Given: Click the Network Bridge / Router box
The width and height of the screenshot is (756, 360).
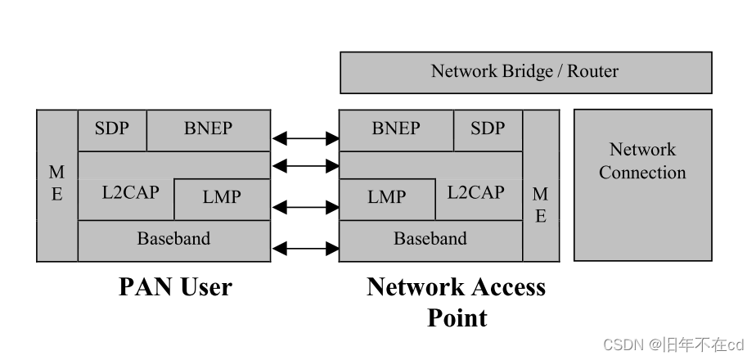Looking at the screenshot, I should tap(525, 72).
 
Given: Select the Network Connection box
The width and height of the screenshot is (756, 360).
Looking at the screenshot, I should tap(642, 185).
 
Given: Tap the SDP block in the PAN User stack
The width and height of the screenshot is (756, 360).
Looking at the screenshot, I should tap(111, 129).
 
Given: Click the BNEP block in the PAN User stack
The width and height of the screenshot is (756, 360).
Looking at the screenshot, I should tap(208, 129).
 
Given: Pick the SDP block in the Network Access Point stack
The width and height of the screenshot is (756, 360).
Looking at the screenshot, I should tap(488, 129).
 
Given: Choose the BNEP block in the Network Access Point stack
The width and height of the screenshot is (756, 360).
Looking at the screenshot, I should tap(396, 129).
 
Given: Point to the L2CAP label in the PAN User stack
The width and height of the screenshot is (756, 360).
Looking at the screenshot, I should tap(131, 193).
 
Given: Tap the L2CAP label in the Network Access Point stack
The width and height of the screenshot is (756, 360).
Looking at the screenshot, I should tap(475, 193).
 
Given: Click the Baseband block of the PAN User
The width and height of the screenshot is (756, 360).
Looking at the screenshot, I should tap(173, 240).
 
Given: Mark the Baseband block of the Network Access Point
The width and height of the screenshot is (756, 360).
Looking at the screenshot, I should tap(430, 240).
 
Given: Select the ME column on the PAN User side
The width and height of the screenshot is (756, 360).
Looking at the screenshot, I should tap(57, 185).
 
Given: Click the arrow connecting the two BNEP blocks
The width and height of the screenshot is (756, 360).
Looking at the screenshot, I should tap(304, 138).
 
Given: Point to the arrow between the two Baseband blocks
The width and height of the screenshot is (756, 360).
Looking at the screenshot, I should tap(304, 247).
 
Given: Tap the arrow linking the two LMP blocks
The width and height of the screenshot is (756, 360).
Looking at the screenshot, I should tap(304, 207).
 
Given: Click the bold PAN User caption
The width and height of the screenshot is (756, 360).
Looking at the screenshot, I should tap(175, 287).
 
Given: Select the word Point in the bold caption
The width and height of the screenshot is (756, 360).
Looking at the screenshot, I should tap(457, 317).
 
